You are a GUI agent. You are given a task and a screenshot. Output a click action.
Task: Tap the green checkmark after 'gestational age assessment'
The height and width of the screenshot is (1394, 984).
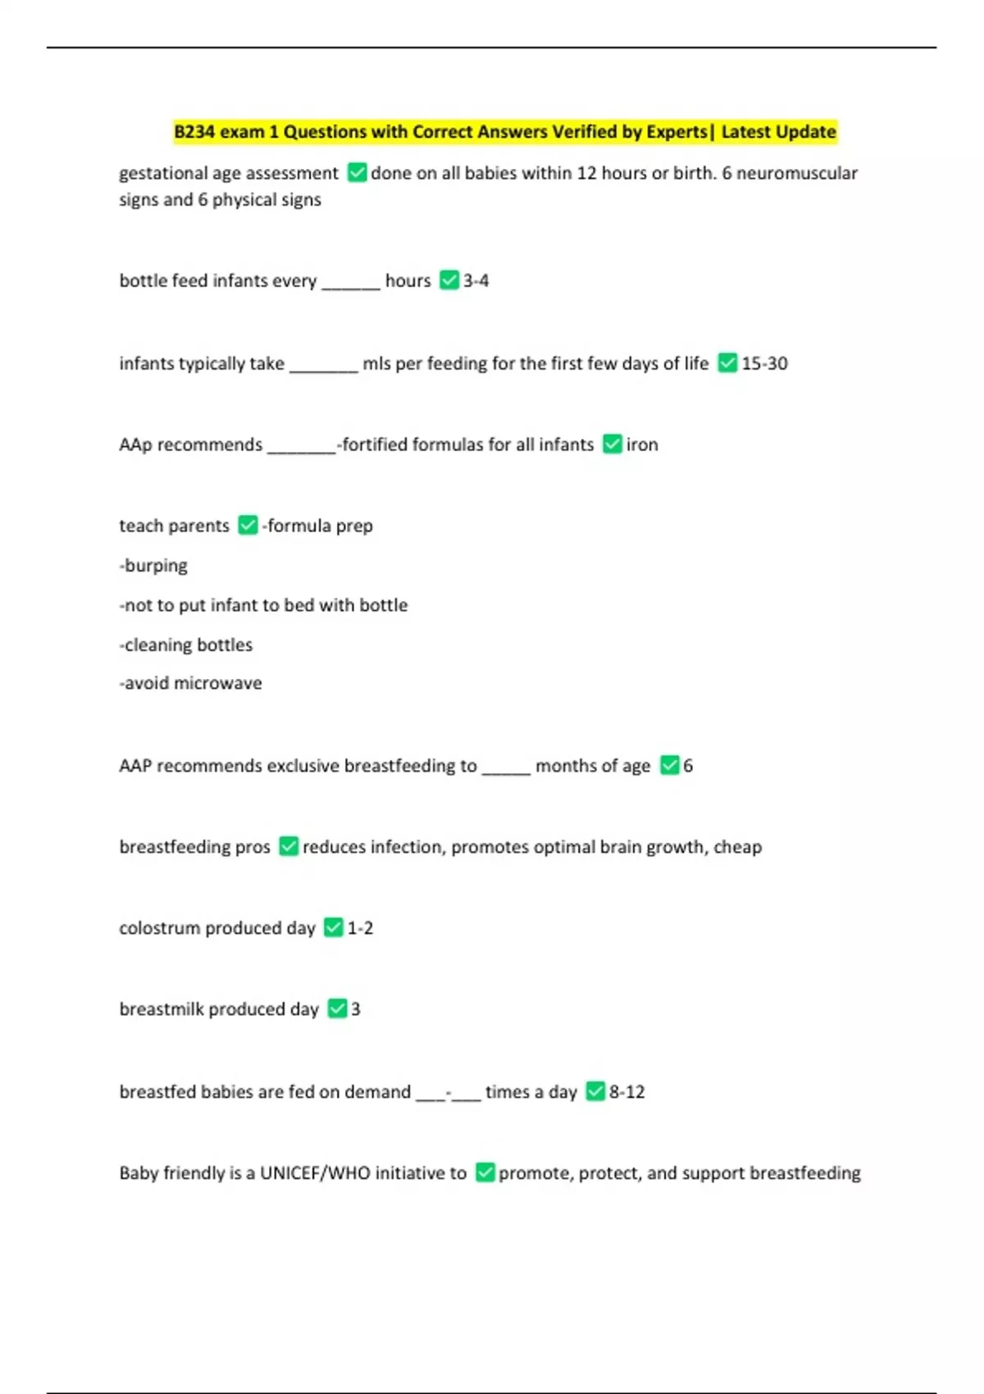357,173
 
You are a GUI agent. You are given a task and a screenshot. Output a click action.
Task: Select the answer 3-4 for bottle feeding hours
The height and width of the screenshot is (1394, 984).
476,280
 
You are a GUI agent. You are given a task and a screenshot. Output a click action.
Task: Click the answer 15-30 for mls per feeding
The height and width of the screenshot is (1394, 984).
764,363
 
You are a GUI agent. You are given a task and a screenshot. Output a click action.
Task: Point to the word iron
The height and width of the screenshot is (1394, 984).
642,444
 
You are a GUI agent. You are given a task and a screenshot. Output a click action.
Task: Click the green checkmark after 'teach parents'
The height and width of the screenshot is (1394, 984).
248,526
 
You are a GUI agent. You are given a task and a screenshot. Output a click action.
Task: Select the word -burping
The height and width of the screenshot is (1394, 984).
153,566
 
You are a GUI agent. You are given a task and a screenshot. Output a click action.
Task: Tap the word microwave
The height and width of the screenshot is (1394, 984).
223,683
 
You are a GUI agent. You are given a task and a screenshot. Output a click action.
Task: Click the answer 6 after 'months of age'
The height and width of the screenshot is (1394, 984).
688,766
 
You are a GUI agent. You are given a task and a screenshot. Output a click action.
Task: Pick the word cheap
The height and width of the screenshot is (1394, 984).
737,847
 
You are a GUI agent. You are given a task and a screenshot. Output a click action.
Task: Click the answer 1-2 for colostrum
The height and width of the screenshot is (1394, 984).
360,928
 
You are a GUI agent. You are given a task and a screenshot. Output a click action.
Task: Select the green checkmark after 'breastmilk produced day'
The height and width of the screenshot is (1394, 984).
337,1009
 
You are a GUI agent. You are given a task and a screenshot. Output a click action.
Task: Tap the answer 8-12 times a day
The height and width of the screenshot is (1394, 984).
626,1092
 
